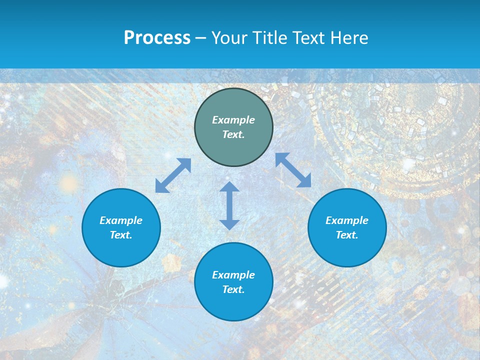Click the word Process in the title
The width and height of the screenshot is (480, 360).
pos(157,38)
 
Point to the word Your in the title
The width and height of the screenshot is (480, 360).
pos(229,38)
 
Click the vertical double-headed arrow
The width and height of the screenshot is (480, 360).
pos(229,205)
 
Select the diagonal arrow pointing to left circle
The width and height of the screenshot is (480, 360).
pos(173,175)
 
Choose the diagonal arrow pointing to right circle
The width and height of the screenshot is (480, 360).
pos(293,170)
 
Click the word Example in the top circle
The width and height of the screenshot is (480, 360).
pos(233,120)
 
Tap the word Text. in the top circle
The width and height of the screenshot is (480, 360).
pos(233,134)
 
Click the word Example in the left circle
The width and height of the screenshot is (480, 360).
pos(121,220)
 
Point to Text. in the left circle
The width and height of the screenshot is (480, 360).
pos(121,235)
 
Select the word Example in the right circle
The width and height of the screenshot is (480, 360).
pos(347,220)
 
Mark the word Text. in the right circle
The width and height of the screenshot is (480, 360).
pos(347,235)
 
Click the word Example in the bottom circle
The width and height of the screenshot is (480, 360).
pos(233,275)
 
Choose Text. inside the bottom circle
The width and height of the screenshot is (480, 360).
pos(233,289)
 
